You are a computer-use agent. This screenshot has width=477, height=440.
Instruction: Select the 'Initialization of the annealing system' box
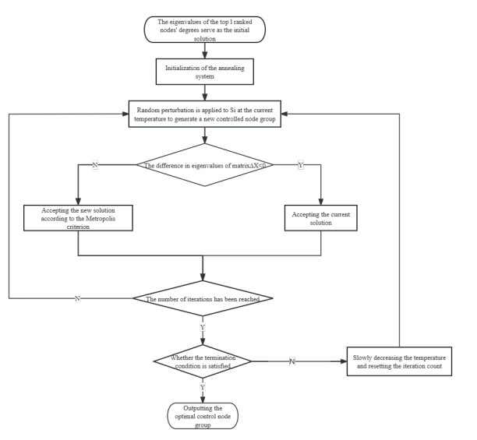203,72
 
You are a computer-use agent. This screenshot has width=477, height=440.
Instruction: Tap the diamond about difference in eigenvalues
203,165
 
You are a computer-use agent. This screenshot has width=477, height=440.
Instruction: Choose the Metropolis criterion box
78,217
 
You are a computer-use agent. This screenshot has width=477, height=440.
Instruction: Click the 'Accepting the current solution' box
321,217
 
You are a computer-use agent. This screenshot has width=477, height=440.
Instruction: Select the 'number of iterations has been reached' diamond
203,298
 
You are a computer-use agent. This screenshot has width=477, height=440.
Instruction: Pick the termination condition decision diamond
203,361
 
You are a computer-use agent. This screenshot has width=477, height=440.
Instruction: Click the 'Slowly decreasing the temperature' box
400,361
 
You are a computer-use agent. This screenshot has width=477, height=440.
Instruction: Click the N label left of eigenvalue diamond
95,165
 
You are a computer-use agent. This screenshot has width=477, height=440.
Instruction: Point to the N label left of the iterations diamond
76,298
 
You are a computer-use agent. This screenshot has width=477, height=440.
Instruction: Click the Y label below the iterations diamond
203,327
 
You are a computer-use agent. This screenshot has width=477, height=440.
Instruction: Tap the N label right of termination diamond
291,361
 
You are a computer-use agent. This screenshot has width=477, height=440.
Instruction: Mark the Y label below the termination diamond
203,387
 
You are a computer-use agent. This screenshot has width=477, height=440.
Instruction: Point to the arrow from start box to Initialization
203,49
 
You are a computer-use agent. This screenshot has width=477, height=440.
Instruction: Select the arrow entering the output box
203,396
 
